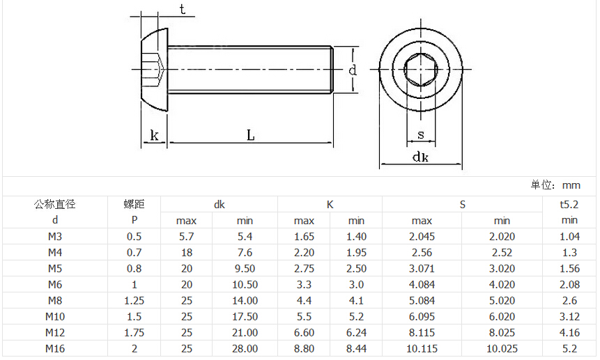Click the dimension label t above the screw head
click(x=183, y=9)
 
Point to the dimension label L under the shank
click(x=251, y=135)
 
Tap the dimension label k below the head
click(x=154, y=135)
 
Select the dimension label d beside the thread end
click(x=353, y=70)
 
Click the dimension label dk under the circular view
click(x=420, y=157)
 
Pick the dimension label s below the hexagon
click(x=421, y=134)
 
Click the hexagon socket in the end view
click(x=420, y=70)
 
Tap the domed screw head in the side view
click(x=154, y=70)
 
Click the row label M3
click(x=55, y=237)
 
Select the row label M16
click(x=55, y=349)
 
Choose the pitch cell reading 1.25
click(x=134, y=301)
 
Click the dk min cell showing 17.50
click(x=245, y=317)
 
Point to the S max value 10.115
click(x=422, y=349)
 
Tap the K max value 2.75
click(x=305, y=269)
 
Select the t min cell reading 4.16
click(x=569, y=332)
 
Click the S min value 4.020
click(x=502, y=285)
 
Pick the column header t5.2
click(x=569, y=205)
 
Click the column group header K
click(x=330, y=205)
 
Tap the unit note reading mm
click(x=571, y=185)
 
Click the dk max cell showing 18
click(x=186, y=253)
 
